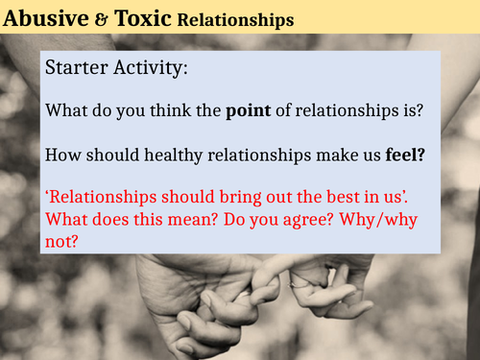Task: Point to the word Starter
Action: [75, 70]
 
